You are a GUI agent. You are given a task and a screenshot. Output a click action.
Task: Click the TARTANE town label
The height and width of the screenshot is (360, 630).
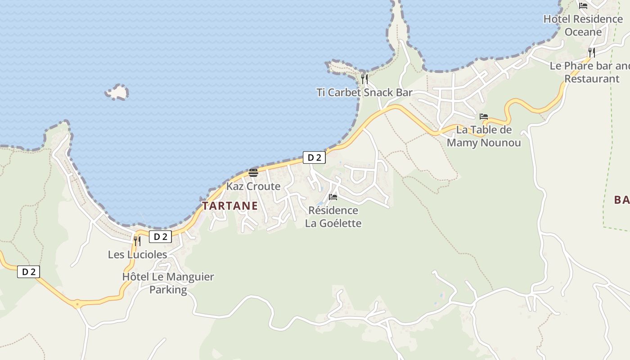230,206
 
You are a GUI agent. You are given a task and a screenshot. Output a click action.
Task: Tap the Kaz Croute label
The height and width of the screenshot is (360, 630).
253,186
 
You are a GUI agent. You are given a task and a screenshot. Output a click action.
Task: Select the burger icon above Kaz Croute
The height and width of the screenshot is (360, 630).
253,173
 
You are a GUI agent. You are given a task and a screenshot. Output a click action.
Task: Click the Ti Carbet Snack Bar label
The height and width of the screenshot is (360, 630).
364,93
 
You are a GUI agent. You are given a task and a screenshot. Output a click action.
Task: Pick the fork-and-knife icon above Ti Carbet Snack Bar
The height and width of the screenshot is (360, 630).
364,79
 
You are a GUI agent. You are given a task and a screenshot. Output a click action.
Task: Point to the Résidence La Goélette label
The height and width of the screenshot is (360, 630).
333,216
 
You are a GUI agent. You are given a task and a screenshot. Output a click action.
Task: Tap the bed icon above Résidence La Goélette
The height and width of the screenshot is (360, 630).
333,197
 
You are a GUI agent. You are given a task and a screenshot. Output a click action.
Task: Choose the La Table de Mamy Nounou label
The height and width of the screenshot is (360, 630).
484,136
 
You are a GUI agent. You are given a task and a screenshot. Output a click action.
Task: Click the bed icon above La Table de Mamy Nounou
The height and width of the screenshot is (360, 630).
484,116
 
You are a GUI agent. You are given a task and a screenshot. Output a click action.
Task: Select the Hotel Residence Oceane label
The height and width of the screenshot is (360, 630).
583,25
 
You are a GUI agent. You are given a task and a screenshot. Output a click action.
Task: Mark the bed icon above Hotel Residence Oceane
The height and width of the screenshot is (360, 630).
583,6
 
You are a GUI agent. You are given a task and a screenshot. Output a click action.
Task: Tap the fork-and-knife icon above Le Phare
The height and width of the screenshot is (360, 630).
591,53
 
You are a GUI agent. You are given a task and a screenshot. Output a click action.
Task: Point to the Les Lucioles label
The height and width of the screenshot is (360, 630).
137,255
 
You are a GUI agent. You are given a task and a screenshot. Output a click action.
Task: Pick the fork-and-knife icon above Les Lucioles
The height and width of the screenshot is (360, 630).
137,241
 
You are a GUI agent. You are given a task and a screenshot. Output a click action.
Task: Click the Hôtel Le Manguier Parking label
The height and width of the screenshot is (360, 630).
168,283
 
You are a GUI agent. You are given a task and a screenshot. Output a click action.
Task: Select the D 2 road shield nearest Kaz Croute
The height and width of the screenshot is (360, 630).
314,157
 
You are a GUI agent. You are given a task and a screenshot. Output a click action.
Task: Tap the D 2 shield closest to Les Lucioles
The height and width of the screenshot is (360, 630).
160,237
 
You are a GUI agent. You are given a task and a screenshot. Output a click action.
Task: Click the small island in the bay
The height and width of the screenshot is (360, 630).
117,92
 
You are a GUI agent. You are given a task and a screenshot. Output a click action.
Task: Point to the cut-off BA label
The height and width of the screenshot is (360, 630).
622,200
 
